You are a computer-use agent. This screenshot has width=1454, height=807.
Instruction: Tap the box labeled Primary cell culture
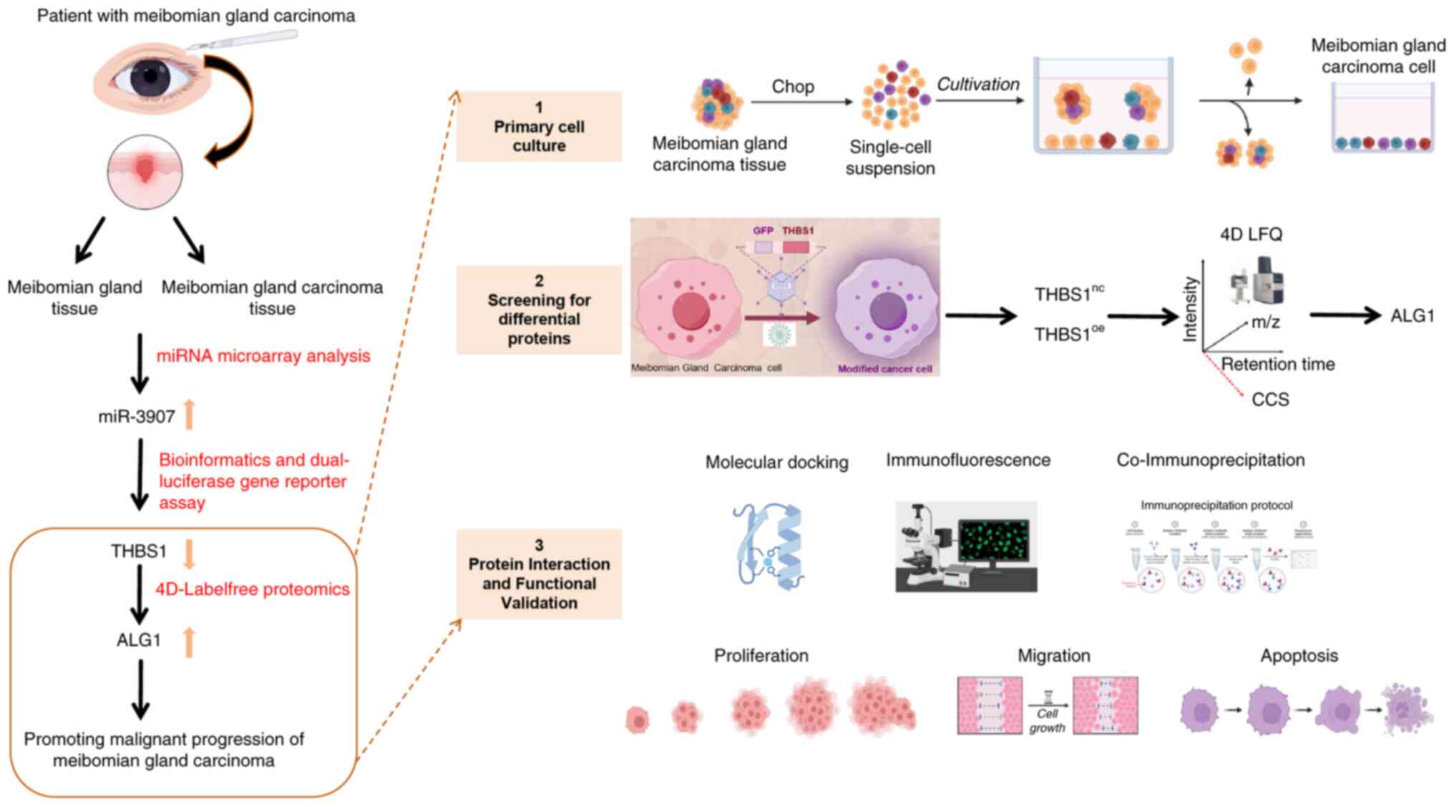[x=539, y=127]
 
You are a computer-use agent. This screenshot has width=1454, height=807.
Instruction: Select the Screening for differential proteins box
[x=539, y=310]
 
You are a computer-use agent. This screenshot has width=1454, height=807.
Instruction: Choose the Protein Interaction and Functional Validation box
[x=539, y=574]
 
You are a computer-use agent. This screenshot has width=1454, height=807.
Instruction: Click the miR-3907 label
[x=137, y=417]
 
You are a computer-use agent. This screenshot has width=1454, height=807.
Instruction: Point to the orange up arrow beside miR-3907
[x=190, y=415]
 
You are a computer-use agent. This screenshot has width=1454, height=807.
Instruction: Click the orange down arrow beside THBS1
[x=190, y=554]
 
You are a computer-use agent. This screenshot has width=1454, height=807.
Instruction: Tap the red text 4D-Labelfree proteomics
[x=253, y=589]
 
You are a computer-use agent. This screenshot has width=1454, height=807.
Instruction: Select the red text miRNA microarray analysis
[x=263, y=356]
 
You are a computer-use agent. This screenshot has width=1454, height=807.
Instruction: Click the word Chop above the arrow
[x=793, y=87]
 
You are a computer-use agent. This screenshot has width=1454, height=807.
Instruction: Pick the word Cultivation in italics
[x=978, y=84]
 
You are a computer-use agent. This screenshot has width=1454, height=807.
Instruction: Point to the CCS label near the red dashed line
[x=1270, y=400]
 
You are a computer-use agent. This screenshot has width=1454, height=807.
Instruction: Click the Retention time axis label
[x=1277, y=364]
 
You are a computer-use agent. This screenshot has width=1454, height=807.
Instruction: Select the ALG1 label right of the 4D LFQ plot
[x=1412, y=316]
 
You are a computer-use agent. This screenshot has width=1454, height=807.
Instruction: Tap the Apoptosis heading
[x=1299, y=656]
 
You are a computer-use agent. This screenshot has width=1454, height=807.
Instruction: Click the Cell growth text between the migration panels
[x=1048, y=720]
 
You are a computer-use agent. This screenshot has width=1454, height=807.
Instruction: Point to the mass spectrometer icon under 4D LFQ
[x=1257, y=281]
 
